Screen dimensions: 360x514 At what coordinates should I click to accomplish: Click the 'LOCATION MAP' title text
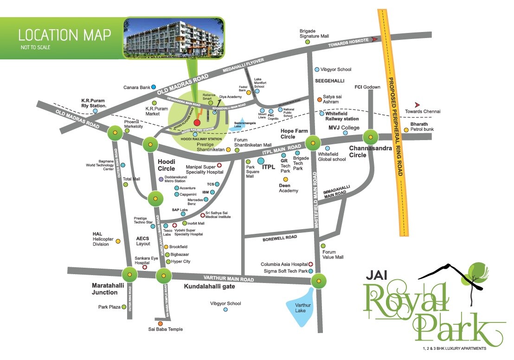click(64, 34)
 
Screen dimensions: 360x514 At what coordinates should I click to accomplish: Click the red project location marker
click(197, 123)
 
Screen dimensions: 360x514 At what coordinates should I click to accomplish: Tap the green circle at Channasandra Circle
click(371, 137)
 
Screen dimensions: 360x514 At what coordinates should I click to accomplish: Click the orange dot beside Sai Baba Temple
click(161, 323)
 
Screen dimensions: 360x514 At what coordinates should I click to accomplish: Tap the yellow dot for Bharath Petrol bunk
click(406, 130)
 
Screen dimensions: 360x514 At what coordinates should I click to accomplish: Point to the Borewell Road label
click(279, 237)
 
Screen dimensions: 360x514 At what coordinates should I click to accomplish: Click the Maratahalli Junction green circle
click(129, 275)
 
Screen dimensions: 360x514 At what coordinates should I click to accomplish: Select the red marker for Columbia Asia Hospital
click(311, 264)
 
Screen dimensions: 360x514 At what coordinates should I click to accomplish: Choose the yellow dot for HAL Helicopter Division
click(118, 241)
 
